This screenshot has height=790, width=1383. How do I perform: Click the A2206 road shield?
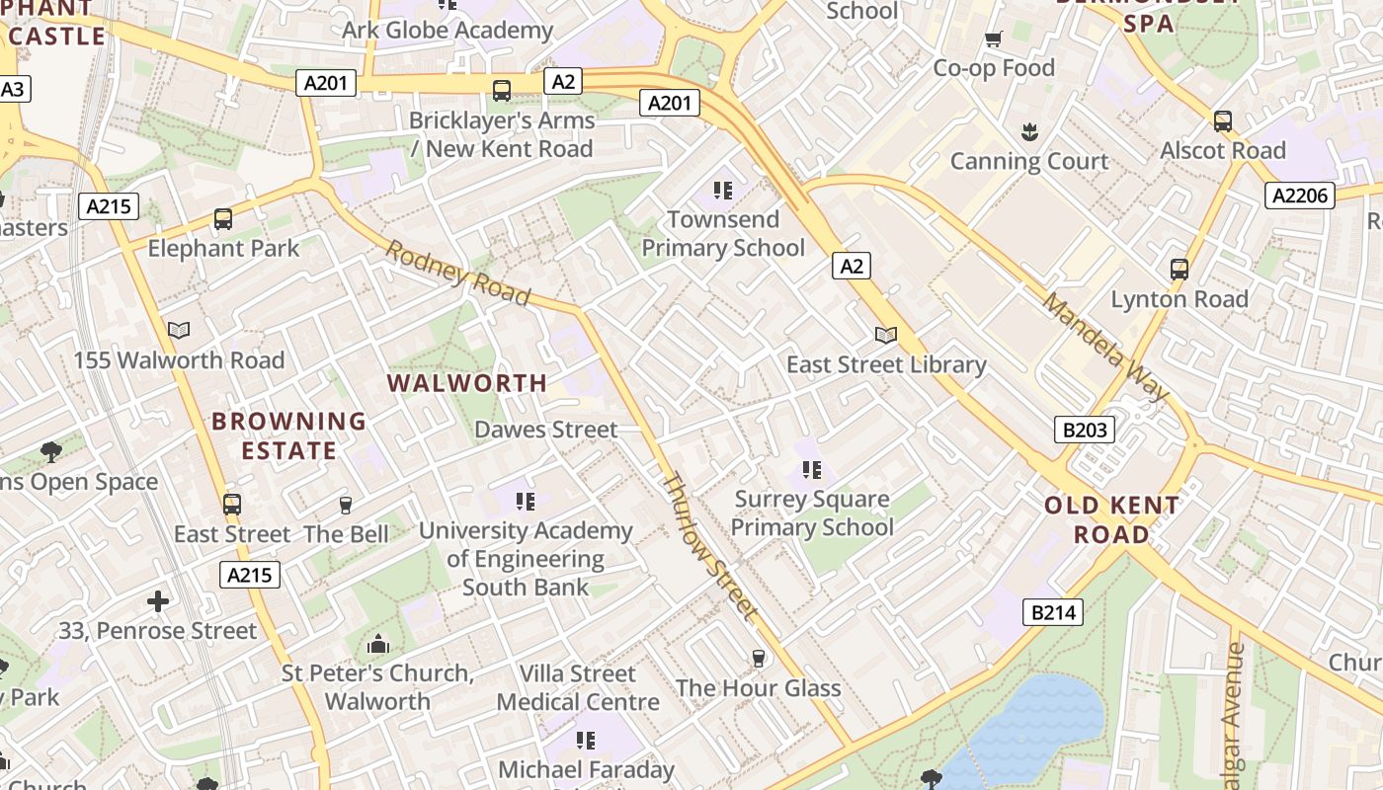[1300, 196]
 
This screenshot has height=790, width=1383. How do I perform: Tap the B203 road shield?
[1084, 430]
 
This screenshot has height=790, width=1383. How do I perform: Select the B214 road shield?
[1052, 612]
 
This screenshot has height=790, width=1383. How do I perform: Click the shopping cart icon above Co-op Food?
[994, 39]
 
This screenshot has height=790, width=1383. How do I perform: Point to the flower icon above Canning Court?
[1028, 131]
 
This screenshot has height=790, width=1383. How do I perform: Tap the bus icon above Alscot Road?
[1223, 121]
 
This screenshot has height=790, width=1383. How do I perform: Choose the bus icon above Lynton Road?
[1179, 269]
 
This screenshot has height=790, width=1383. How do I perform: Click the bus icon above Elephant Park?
[223, 219]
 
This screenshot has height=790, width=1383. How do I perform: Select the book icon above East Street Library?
[886, 336]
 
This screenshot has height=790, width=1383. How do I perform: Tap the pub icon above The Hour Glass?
[759, 659]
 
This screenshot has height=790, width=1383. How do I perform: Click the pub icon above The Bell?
[346, 506]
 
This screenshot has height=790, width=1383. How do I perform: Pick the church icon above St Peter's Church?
[377, 645]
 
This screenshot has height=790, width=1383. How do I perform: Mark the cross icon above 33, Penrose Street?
[158, 600]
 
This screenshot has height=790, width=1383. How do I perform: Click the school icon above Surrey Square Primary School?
[812, 469]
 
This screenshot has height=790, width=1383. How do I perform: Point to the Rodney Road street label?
[457, 273]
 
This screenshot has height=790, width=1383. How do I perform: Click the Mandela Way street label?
[1105, 347]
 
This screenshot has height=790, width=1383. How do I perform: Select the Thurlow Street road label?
[709, 548]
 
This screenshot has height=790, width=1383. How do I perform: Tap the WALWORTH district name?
[466, 383]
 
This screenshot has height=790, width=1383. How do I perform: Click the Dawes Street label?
[545, 430]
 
